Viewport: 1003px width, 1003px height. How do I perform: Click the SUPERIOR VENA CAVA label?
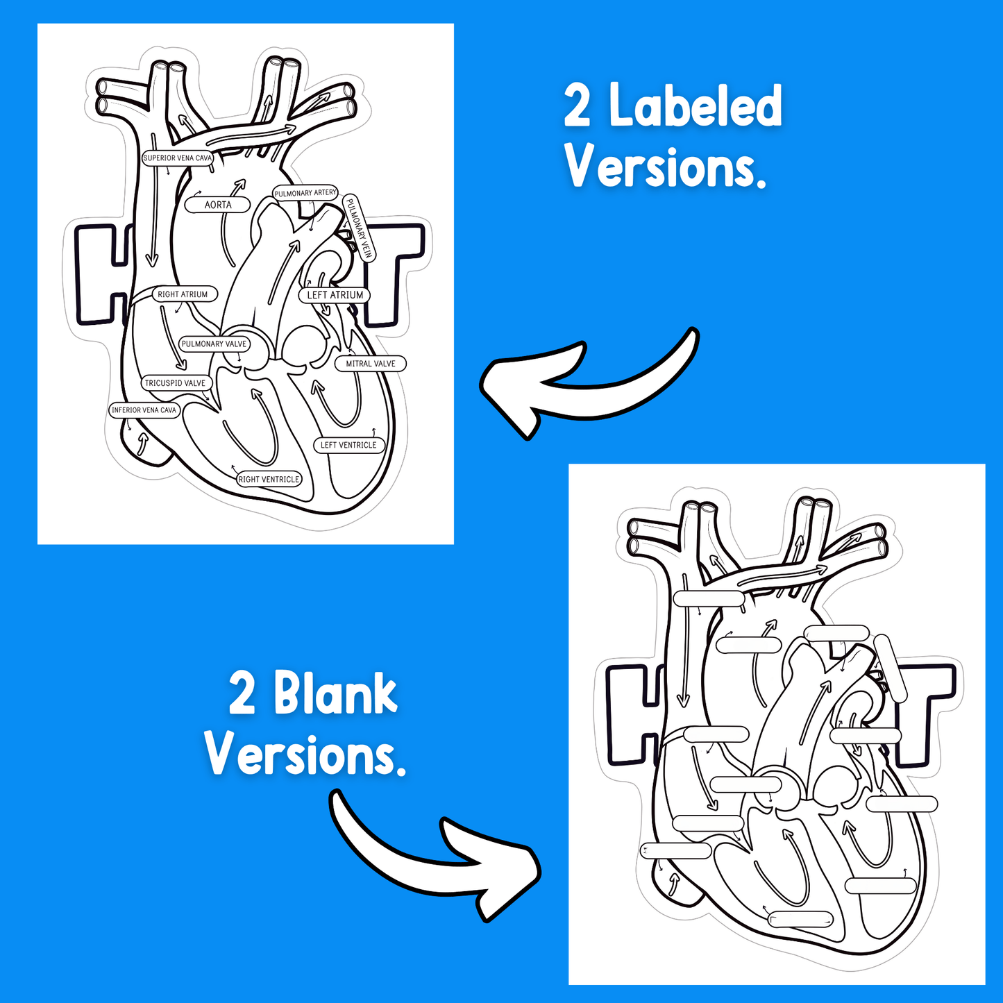177,158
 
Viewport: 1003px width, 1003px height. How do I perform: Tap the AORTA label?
218,205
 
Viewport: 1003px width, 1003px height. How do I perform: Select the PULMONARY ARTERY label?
305,193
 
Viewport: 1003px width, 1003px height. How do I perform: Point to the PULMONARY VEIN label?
359,228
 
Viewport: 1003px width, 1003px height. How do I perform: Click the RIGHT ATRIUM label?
183,294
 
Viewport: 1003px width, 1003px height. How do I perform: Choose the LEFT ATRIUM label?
335,295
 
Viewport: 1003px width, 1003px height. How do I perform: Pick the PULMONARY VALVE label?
214,344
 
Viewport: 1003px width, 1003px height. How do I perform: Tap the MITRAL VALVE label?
371,364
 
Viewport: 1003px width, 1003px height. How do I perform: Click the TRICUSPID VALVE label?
175,383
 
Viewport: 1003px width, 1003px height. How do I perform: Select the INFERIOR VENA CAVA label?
144,410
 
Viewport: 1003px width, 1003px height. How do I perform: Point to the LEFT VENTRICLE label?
348,445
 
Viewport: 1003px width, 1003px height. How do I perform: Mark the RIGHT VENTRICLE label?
269,479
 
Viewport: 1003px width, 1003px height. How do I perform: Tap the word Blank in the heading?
335,693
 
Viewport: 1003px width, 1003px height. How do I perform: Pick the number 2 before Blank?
242,694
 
